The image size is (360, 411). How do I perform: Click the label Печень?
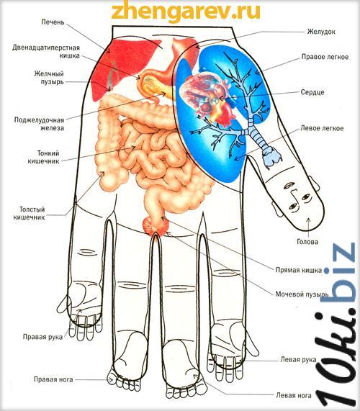click(53, 22)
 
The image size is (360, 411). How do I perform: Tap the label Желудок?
click(321, 32)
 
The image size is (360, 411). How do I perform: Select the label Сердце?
click(312, 92)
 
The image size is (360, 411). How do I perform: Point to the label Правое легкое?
click(325, 57)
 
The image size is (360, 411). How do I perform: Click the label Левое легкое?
click(322, 128)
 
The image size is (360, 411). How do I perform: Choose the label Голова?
click(307, 242)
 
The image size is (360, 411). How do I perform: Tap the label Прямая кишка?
click(299, 270)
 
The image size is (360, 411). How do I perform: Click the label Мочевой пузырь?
click(302, 294)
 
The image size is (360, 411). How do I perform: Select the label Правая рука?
click(42, 337)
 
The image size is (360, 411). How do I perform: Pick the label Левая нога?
click(294, 395)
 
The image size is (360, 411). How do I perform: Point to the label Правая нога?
click(53, 379)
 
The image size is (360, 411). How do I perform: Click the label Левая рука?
click(298, 359)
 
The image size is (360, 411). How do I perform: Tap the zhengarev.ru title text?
click(186, 11)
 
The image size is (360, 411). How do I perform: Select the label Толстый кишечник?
click(29, 213)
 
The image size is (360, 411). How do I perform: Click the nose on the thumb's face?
click(294, 196)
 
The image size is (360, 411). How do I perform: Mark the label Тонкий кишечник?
click(43, 157)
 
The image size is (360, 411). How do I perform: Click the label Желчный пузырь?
click(49, 78)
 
